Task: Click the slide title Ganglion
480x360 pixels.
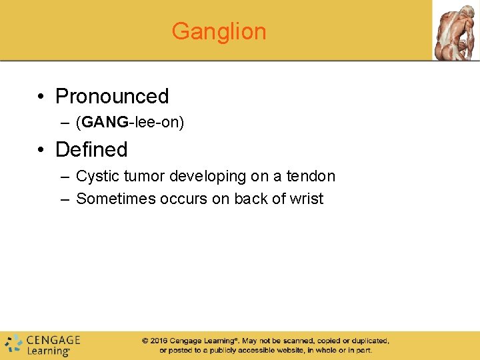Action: (x=219, y=31)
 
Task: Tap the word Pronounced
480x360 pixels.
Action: (x=112, y=96)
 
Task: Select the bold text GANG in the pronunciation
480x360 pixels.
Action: (x=105, y=123)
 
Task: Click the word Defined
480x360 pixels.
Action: (x=91, y=149)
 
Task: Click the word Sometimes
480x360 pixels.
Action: (x=116, y=199)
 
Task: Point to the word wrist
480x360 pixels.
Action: (x=307, y=199)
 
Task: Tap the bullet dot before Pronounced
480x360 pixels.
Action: (x=42, y=97)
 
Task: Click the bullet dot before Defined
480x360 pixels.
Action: (x=42, y=150)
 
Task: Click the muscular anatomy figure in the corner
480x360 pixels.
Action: (x=455, y=30)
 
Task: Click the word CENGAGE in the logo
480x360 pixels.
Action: (x=53, y=340)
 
